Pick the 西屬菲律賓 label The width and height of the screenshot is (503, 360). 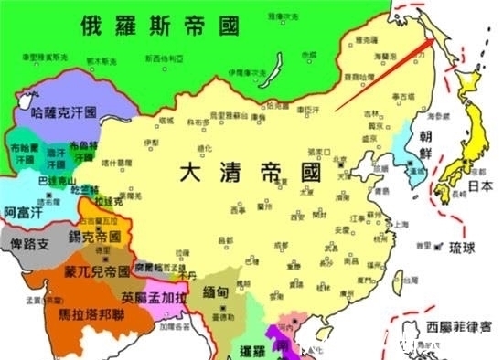[x=452, y=323]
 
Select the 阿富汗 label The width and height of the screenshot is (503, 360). [x=21, y=211]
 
